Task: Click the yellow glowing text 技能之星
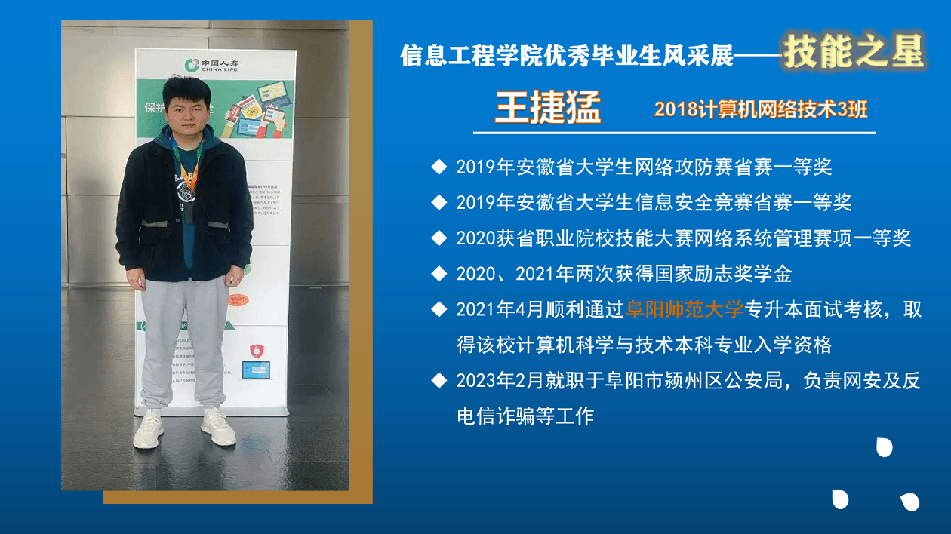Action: coord(854,52)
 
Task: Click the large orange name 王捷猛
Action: coord(548,108)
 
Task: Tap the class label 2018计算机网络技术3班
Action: coord(761,109)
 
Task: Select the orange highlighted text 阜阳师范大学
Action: coord(685,309)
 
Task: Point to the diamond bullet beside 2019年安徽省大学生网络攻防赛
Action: coord(439,167)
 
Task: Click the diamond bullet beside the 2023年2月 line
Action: coord(439,380)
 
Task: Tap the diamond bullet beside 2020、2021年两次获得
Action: coord(439,274)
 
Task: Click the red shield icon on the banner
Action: coord(257,351)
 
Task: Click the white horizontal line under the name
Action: coord(675,133)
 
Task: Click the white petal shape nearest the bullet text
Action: coord(885,447)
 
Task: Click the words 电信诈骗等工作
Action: coord(525,416)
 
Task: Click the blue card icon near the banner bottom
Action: coord(256,370)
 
